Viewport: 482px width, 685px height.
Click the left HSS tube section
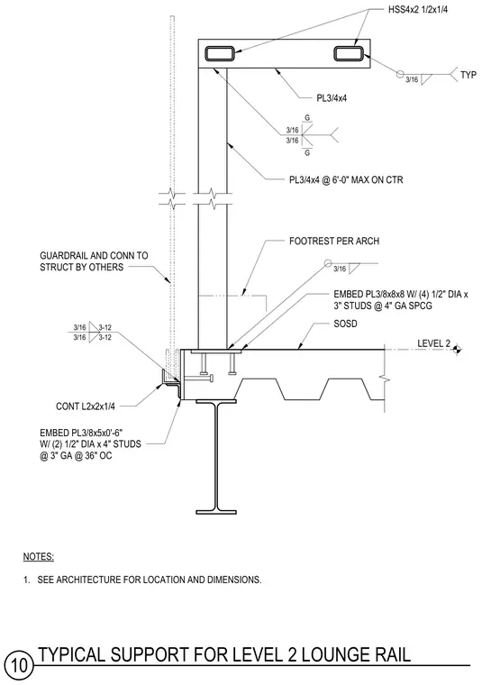220,54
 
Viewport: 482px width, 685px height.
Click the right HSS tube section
350,54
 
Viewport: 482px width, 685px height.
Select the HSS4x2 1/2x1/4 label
418,10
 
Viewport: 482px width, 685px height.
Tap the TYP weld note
468,75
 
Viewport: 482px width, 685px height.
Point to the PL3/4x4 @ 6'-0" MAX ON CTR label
346,179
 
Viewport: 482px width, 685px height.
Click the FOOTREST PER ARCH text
334,242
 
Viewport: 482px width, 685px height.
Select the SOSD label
345,324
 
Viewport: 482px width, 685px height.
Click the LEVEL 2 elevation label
433,343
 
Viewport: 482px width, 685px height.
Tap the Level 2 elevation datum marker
457,349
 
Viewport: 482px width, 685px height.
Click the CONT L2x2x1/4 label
86,406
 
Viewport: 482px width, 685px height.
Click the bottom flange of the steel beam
216,512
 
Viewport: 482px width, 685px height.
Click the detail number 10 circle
19,665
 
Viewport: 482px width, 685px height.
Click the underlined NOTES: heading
39,557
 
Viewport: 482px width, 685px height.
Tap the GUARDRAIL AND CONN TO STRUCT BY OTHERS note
94,261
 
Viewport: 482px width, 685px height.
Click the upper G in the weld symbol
307,118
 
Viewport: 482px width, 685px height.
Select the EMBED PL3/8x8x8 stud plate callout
401,300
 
